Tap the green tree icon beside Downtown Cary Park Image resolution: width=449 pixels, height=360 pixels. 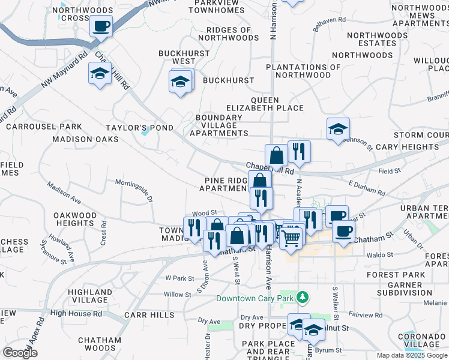click(304, 298)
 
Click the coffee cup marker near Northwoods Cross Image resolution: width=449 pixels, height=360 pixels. click(101, 26)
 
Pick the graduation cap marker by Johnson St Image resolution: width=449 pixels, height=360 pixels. click(339, 128)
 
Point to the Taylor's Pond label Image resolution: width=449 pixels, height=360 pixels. click(139, 128)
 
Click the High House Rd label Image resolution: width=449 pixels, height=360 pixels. click(77, 313)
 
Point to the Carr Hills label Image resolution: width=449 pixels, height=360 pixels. click(148, 314)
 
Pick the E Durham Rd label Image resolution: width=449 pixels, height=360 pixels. click(367, 188)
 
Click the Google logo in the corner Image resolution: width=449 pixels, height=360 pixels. click(20, 353)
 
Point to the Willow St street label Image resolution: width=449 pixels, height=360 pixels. click(177, 295)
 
